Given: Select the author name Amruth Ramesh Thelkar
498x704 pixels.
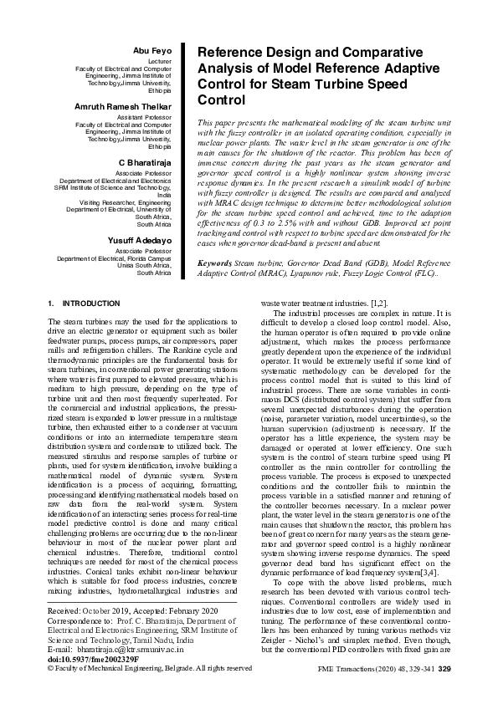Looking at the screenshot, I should [123, 107].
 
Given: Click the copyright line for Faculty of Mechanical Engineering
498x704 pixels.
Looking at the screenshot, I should [150, 668].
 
